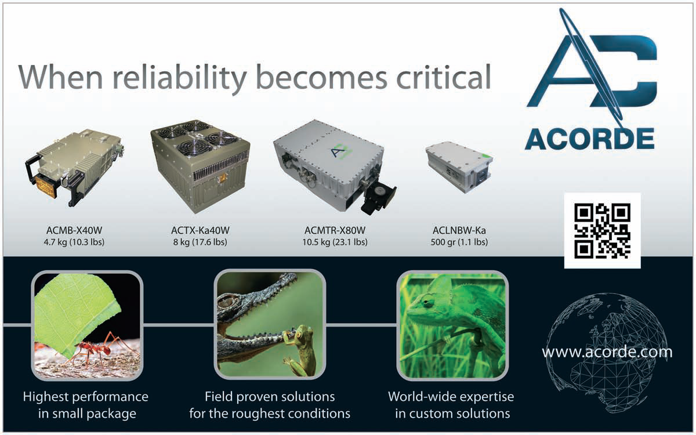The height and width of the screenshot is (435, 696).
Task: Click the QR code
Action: pos(602,231)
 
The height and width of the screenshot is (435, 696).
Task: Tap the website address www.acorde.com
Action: pos(607,352)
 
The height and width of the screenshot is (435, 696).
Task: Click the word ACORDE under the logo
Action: pos(590,139)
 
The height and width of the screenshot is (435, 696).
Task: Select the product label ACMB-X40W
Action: pos(74,230)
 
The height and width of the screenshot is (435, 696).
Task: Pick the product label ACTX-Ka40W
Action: pos(200,230)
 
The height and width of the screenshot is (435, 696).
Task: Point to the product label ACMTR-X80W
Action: pos(335,230)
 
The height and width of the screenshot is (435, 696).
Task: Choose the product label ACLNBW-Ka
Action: pos(459,230)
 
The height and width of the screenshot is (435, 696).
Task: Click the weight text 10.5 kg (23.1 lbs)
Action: pos(335,242)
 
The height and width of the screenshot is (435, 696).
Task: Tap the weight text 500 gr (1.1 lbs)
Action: pos(459,242)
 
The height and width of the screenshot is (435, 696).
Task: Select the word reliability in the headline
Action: pos(179,79)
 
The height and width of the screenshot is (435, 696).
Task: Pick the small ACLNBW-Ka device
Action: pos(459,166)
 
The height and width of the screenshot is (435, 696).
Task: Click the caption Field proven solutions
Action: pos(270,397)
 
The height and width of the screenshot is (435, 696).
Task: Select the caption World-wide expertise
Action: pos(451,397)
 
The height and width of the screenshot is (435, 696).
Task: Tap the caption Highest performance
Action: pos(86,397)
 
